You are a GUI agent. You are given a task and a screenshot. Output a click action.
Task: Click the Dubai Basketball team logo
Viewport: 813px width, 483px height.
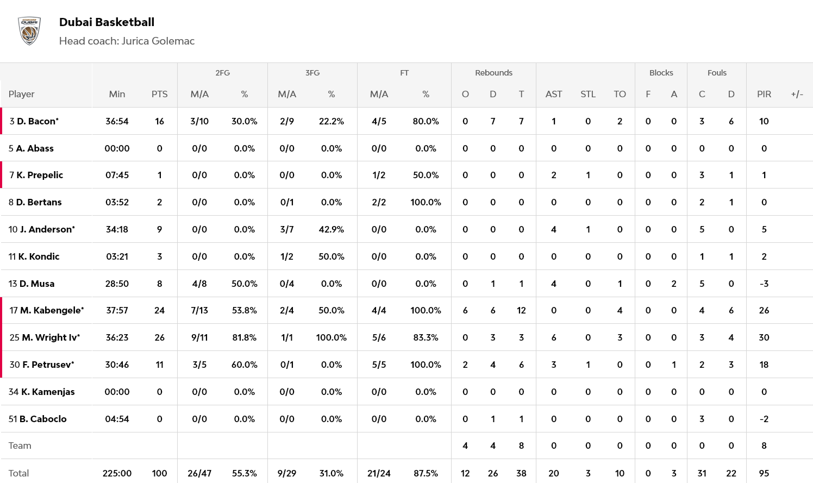29,30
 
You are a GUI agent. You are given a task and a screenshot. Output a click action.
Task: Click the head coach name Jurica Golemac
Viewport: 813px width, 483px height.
158,41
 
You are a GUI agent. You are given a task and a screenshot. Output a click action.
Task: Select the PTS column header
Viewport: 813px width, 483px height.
159,94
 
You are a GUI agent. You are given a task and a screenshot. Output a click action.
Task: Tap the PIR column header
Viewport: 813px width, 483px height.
764,94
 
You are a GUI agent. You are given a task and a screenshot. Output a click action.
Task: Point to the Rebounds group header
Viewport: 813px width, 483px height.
493,73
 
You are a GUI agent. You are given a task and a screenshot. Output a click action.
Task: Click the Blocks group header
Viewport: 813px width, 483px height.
661,73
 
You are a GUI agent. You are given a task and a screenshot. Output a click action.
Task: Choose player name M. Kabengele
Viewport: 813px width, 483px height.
52,310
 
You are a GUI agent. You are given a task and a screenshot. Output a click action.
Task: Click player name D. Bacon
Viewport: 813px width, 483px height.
37,121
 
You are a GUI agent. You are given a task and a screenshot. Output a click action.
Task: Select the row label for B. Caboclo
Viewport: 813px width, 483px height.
42,419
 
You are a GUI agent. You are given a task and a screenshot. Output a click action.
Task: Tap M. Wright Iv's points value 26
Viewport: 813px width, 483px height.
159,337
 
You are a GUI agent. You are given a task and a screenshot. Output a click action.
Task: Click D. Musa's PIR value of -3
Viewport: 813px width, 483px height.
764,284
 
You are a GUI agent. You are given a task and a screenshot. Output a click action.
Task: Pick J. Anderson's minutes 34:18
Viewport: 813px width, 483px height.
117,229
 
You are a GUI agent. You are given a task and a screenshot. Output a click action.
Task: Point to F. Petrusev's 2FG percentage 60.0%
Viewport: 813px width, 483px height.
244,365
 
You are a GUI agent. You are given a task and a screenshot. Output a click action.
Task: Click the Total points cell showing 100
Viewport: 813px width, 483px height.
159,473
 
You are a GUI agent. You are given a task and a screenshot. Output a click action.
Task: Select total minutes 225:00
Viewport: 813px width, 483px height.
117,473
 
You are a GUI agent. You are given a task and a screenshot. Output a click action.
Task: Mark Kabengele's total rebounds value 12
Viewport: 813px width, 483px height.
521,310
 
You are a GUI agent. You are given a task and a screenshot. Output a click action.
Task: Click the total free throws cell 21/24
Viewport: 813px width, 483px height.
379,473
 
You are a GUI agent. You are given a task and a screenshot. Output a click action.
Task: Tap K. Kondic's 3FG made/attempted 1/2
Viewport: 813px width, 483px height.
286,256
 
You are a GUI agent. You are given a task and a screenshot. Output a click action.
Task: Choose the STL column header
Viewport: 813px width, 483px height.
587,94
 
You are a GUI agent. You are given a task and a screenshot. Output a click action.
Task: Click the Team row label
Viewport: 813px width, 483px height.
20,446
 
